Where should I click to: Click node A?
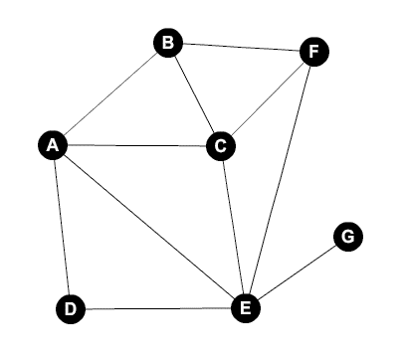click(53, 145)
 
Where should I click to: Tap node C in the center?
click(220, 146)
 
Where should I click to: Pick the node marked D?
click(70, 309)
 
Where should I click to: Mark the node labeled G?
click(347, 237)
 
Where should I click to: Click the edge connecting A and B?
click(110, 93)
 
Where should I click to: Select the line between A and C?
click(136, 146)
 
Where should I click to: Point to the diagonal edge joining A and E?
click(149, 227)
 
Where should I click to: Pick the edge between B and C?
click(194, 94)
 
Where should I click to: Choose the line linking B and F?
click(240, 48)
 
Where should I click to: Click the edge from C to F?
click(267, 99)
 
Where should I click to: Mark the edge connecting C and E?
click(233, 228)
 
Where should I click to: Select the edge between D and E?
click(157, 309)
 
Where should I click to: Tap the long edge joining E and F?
click(279, 180)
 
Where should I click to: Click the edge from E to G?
click(297, 272)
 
